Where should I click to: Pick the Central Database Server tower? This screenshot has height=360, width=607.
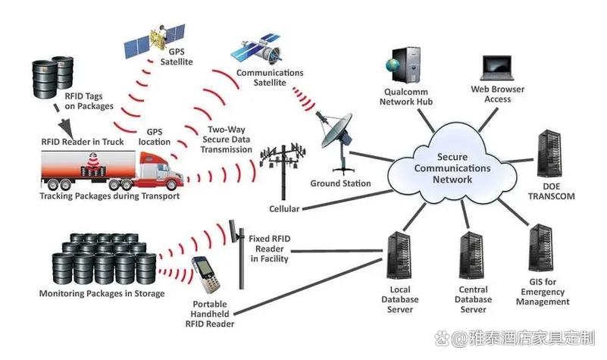click(x=471, y=257)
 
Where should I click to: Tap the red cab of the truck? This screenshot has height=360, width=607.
click(x=163, y=170)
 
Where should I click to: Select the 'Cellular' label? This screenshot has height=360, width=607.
click(x=284, y=208)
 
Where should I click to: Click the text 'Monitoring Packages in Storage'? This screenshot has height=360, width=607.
click(x=102, y=293)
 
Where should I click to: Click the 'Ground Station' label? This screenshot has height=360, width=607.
click(x=340, y=183)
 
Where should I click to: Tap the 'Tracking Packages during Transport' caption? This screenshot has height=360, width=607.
click(x=109, y=196)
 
